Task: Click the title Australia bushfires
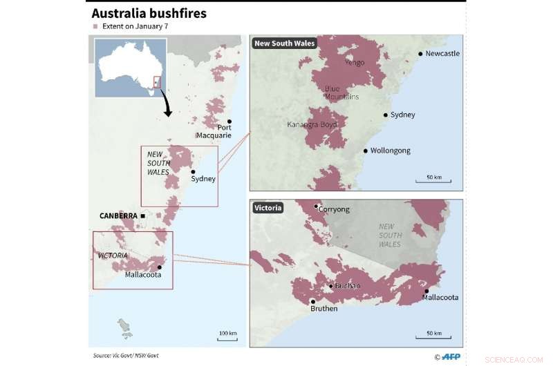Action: click(x=149, y=13)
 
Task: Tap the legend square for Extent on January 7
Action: click(x=95, y=26)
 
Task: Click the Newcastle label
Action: click(x=442, y=53)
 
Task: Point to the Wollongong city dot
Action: click(x=365, y=151)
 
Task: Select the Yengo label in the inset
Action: click(x=354, y=62)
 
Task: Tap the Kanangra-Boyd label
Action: click(x=312, y=124)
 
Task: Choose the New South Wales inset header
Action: click(x=284, y=44)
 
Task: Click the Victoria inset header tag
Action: click(x=268, y=207)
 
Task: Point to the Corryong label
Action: click(x=334, y=209)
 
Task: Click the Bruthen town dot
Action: click(x=313, y=301)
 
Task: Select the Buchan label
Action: click(x=347, y=285)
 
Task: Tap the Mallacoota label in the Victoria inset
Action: click(x=440, y=298)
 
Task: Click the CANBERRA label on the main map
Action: click(x=118, y=215)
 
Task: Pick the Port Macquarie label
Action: click(x=214, y=131)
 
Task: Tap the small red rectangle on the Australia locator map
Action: click(x=157, y=81)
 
